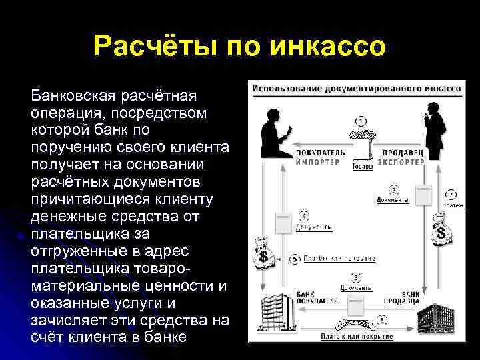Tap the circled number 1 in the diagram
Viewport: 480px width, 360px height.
(361, 121)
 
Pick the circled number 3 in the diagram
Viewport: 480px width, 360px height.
(357, 277)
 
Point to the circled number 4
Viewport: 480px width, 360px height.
(303, 216)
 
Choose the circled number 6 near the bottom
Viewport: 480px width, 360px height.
(381, 319)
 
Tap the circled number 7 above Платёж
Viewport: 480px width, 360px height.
(451, 195)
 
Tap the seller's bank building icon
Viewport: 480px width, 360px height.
(441, 319)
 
